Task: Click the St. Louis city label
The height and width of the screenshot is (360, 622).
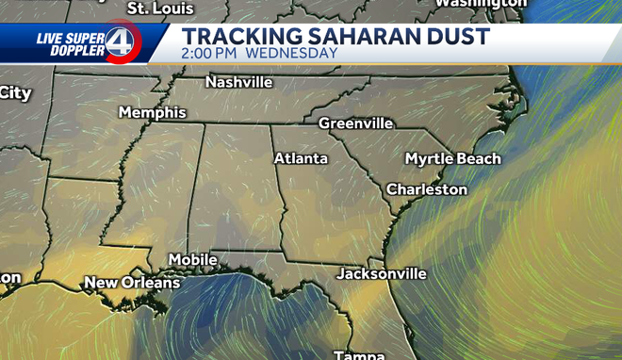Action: pyautogui.click(x=160, y=8)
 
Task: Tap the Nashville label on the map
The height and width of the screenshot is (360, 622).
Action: pyautogui.click(x=239, y=82)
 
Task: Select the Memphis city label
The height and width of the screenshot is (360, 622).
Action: pyautogui.click(x=152, y=113)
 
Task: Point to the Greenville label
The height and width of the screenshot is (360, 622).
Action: pyautogui.click(x=355, y=123)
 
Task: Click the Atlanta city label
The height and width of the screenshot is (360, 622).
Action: pyautogui.click(x=301, y=158)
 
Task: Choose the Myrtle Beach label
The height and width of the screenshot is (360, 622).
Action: pyautogui.click(x=452, y=158)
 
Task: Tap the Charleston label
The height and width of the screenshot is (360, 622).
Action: pyautogui.click(x=427, y=189)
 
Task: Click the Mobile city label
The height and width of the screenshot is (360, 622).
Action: pyautogui.click(x=192, y=259)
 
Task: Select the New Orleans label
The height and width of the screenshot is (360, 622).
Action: pyautogui.click(x=132, y=283)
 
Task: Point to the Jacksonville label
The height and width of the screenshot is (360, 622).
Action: pyautogui.click(x=382, y=274)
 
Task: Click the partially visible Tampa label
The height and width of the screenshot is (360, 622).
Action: pyautogui.click(x=359, y=355)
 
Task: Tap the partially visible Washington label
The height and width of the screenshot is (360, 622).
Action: pyautogui.click(x=481, y=4)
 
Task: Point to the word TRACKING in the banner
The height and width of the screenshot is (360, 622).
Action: pyautogui.click(x=242, y=37)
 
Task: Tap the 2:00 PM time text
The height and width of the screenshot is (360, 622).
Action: pyautogui.click(x=211, y=54)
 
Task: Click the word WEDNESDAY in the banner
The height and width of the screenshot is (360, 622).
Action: pyautogui.click(x=291, y=54)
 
